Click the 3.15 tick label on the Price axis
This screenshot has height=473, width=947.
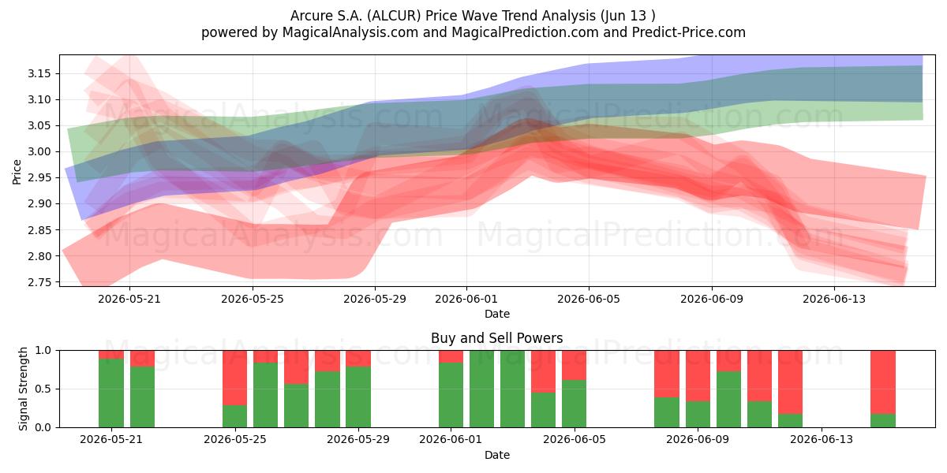click(x=39, y=74)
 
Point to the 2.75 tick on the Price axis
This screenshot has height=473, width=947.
click(x=39, y=282)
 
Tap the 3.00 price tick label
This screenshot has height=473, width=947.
click(x=39, y=152)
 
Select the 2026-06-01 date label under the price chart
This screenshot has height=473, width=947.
click(x=466, y=299)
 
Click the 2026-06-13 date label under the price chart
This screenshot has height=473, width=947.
click(x=834, y=299)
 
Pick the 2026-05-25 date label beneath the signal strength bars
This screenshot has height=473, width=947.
click(x=235, y=439)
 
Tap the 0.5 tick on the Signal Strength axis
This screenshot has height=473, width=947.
click(x=43, y=389)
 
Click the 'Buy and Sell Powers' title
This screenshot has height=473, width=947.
click(x=496, y=338)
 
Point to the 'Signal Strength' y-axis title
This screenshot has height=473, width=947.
click(x=23, y=389)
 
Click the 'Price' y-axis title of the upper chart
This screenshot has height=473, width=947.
click(x=17, y=172)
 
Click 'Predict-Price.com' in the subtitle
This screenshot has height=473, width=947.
click(x=689, y=32)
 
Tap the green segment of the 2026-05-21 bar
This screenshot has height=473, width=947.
click(x=111, y=393)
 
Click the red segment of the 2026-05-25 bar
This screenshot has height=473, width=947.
click(x=234, y=378)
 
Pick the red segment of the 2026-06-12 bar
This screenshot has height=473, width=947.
click(x=790, y=382)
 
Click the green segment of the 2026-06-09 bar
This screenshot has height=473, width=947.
click(x=698, y=414)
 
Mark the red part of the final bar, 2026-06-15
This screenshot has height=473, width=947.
click(x=883, y=382)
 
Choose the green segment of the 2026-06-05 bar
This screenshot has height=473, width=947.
click(x=575, y=404)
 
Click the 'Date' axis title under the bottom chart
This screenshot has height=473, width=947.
click(x=496, y=455)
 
